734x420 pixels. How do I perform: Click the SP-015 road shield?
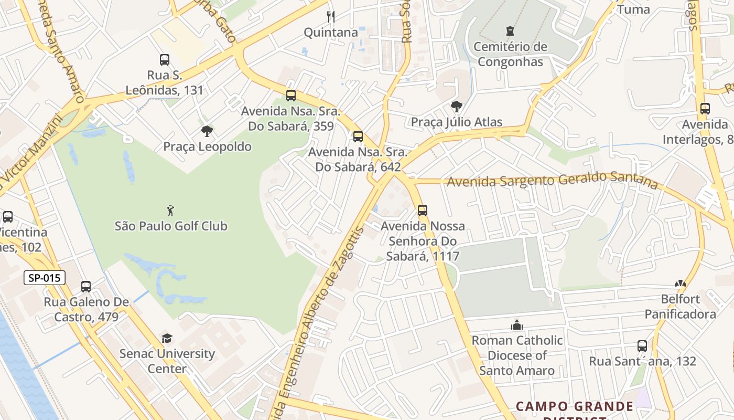pyautogui.click(x=45, y=278)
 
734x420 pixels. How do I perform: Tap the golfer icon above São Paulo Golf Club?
pyautogui.click(x=170, y=211)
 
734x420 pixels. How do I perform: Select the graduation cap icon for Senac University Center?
pyautogui.click(x=167, y=339)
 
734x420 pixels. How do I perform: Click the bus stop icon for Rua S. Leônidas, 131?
pyautogui.click(x=165, y=60)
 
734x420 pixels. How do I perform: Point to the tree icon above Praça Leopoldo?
pyautogui.click(x=207, y=131)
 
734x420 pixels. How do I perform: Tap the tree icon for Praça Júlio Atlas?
pyautogui.click(x=457, y=107)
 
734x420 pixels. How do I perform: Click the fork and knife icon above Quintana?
pyautogui.click(x=331, y=17)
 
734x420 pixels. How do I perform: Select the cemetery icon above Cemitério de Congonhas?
pyautogui.click(x=510, y=31)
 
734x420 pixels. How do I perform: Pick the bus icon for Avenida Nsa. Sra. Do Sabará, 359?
pyautogui.click(x=291, y=96)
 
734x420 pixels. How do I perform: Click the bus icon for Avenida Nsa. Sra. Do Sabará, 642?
pyautogui.click(x=358, y=136)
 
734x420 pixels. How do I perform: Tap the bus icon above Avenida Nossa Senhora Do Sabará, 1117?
pyautogui.click(x=423, y=211)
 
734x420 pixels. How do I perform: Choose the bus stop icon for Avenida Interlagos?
pyautogui.click(x=705, y=109)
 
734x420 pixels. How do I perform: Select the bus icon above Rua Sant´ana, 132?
pyautogui.click(x=642, y=346)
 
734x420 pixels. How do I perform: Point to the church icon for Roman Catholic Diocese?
pyautogui.click(x=517, y=325)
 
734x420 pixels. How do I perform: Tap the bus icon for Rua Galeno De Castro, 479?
pyautogui.click(x=86, y=287)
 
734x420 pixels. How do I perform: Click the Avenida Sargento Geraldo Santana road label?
pyautogui.click(x=552, y=180)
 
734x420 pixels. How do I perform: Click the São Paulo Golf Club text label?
pyautogui.click(x=171, y=226)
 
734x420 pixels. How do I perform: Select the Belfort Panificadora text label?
pyautogui.click(x=681, y=307)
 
